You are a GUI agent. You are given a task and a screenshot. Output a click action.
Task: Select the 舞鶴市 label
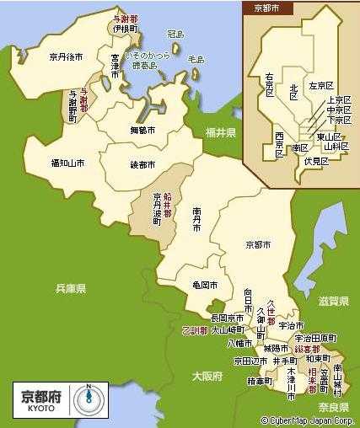(142, 131)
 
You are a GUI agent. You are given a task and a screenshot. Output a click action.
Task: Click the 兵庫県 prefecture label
(71, 289)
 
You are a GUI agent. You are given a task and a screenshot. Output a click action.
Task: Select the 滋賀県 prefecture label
(334, 301)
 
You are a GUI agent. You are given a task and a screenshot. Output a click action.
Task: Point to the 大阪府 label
(207, 377)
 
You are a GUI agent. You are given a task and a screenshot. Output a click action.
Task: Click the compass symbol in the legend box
(90, 399)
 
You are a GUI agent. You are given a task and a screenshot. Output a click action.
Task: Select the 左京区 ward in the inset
(321, 86)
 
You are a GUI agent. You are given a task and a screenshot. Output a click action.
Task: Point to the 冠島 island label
(175, 35)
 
